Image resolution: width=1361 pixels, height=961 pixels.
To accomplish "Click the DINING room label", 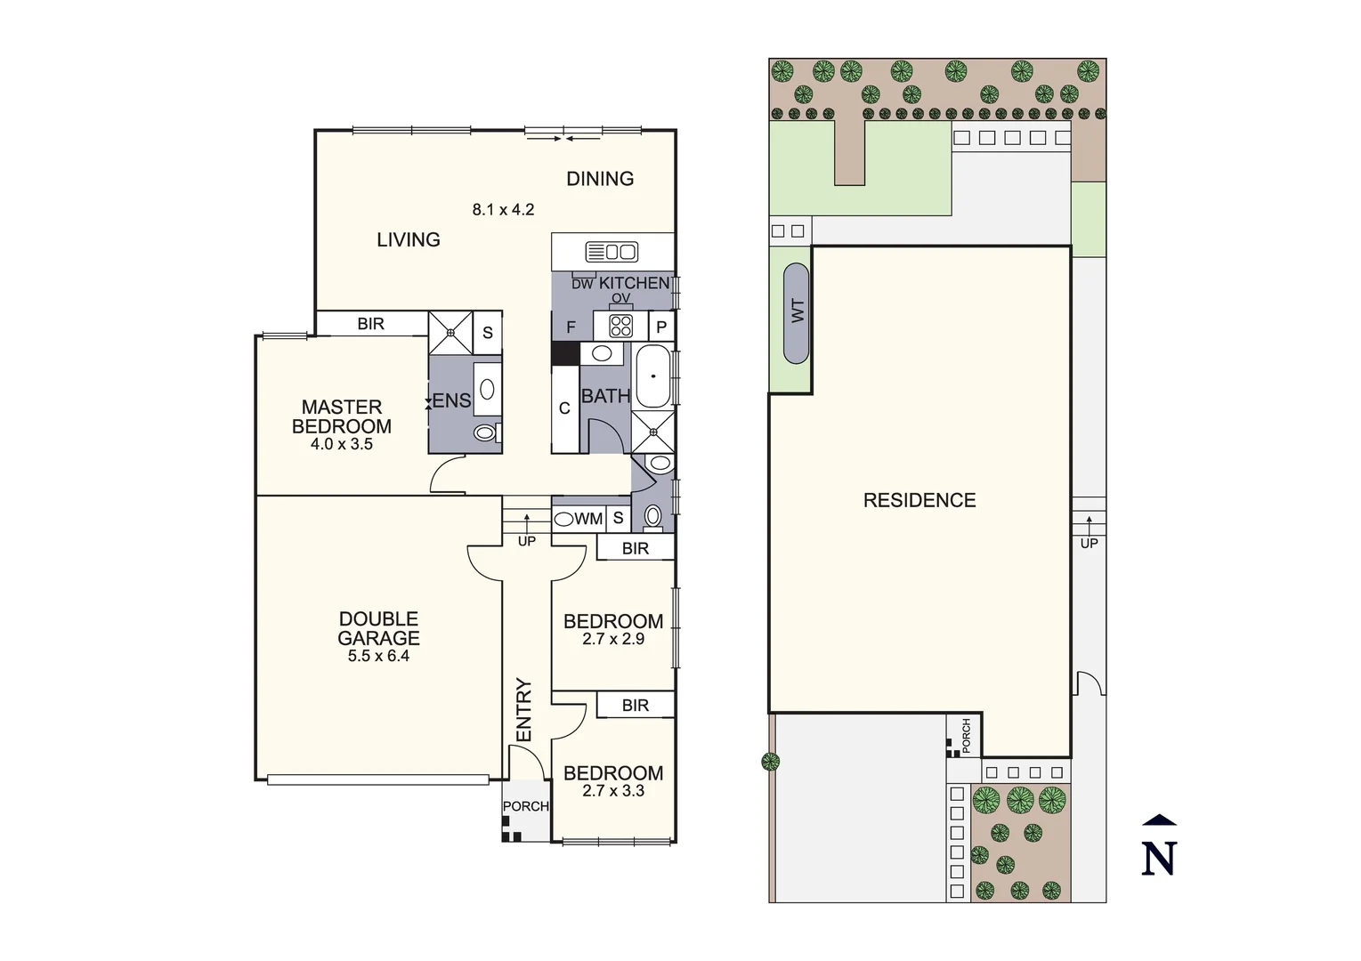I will coord(600,179).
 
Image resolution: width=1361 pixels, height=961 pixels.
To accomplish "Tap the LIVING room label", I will coord(408,239).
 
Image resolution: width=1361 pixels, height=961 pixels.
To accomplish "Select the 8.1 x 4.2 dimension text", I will coord(503,210).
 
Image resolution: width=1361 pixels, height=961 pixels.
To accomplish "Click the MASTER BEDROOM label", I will coord(342,416).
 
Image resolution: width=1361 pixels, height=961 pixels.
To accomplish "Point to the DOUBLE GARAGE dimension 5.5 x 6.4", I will coord(378,657).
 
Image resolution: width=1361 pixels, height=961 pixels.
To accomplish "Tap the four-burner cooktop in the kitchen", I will coord(620,326).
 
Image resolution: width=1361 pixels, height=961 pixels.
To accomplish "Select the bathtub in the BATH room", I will coord(653,376).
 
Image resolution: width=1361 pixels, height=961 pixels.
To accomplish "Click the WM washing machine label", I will coord(588,519).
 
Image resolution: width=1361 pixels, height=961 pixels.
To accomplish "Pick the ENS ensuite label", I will coord(451,401).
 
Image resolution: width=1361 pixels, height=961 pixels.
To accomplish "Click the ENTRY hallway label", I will coord(524,710).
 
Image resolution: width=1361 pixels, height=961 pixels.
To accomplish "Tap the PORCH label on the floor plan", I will coord(525,806).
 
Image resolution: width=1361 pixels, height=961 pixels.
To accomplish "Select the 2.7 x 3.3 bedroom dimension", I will coord(613,791).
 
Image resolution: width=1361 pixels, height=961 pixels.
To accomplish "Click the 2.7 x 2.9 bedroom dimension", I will coord(613,639).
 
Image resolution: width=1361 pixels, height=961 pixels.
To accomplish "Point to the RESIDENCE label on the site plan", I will coord(919,500).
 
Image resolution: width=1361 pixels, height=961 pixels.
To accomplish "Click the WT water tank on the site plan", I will coord(797,312).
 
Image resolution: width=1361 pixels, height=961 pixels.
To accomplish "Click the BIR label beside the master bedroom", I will coord(370,324).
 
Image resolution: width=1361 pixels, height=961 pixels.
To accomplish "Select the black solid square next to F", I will coord(564,353).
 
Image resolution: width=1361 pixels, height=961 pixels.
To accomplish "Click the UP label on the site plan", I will coord(1089,544).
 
